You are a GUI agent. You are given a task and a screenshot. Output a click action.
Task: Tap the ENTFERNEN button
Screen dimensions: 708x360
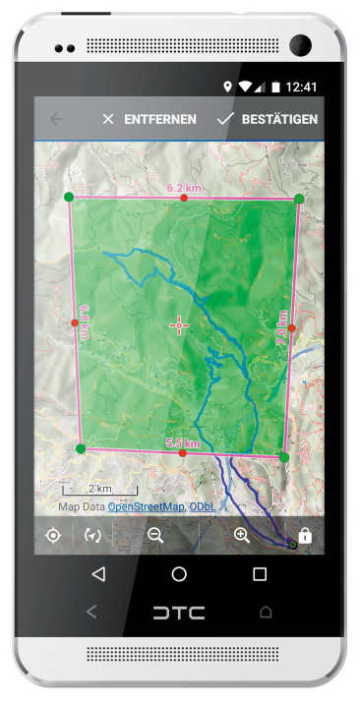point(150,119)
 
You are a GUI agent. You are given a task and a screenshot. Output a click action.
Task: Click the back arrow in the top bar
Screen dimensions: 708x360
point(57,119)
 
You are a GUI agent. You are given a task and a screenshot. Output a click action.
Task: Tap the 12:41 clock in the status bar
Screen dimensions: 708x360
point(303,87)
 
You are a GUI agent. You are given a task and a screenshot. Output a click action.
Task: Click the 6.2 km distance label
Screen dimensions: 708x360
point(183,187)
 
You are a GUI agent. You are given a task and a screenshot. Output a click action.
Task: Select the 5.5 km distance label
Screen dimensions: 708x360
point(183,443)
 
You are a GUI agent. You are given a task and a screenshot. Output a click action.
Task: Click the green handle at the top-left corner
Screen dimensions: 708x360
point(68,197)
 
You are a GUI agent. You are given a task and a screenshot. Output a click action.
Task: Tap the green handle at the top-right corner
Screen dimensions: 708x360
point(299,199)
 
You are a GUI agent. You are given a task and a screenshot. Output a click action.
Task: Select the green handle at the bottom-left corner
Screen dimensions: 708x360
point(81,448)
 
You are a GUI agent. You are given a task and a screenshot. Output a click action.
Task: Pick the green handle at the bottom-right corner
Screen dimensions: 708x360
point(283,457)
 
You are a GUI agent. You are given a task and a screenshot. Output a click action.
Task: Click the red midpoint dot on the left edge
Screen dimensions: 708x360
point(75,323)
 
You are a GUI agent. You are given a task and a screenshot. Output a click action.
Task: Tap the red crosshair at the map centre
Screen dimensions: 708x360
point(179,325)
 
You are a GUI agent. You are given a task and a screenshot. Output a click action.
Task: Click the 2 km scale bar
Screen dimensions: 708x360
point(99,489)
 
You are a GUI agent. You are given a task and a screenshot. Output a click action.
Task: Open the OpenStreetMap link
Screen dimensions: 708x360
point(146,506)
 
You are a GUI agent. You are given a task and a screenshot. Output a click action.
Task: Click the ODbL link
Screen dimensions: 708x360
point(203,506)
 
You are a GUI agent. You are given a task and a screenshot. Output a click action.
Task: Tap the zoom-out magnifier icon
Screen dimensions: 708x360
point(155,536)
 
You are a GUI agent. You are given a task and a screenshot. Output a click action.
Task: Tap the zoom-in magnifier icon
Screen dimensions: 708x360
point(242,536)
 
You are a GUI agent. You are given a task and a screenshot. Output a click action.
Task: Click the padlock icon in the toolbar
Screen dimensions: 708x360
point(305,536)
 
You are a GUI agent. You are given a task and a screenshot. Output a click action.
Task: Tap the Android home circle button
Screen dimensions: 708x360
point(179,574)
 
